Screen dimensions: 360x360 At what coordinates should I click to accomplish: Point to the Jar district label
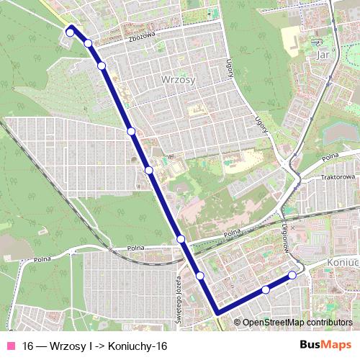(x=323, y=53)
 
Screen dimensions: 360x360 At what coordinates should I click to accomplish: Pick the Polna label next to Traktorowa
(x=330, y=156)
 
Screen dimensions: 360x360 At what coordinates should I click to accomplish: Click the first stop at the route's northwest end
(x=71, y=31)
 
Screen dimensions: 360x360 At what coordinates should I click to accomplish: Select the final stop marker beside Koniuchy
(x=292, y=274)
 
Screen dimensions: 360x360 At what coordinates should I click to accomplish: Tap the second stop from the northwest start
(x=88, y=43)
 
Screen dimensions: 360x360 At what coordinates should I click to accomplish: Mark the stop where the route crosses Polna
(x=181, y=238)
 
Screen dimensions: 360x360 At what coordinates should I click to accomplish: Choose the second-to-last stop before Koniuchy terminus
(x=266, y=289)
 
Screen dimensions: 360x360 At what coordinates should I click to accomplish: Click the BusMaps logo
(x=325, y=345)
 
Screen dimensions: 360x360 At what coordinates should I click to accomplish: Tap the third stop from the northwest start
(x=102, y=66)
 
